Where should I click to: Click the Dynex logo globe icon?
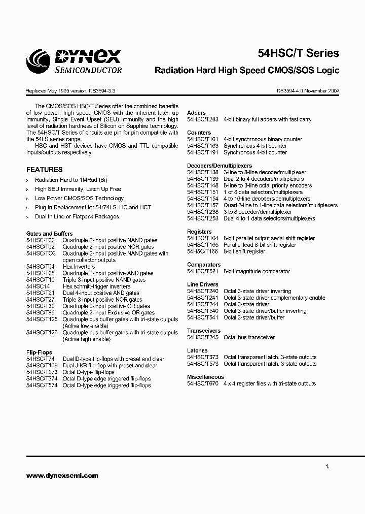[x=39, y=60]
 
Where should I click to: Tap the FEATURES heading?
[x=45, y=170]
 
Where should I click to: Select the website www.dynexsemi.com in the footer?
[x=62, y=476]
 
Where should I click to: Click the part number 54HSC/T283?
[x=202, y=119]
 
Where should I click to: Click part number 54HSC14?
[x=38, y=286]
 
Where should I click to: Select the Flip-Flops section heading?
[x=39, y=352]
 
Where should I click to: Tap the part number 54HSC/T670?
[x=202, y=383]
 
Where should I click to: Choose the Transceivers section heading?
[x=204, y=331]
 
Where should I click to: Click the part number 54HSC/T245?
[x=202, y=337]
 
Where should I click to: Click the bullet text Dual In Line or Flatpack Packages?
[x=77, y=216]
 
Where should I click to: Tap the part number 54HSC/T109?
[x=42, y=365]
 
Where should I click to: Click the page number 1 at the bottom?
[x=327, y=466]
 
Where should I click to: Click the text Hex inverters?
[x=79, y=267]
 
